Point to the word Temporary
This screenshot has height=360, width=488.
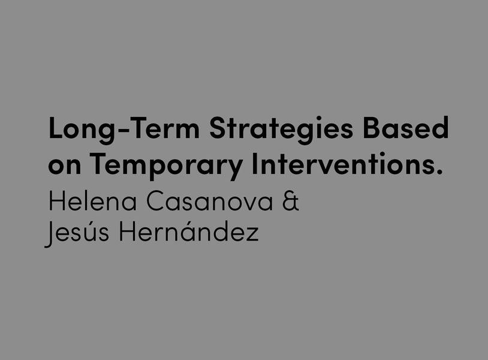coord(167,165)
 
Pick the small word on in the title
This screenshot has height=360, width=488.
coord(64,167)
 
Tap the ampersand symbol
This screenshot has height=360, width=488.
coord(291,200)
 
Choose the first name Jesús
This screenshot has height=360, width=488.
coord(77,233)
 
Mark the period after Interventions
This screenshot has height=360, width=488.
coord(439,172)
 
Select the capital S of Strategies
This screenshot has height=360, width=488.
coord(217,127)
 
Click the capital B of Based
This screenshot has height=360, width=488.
coord(372,127)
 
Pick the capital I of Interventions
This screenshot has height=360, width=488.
coord(255,163)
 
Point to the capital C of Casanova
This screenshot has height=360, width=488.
coord(156,200)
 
